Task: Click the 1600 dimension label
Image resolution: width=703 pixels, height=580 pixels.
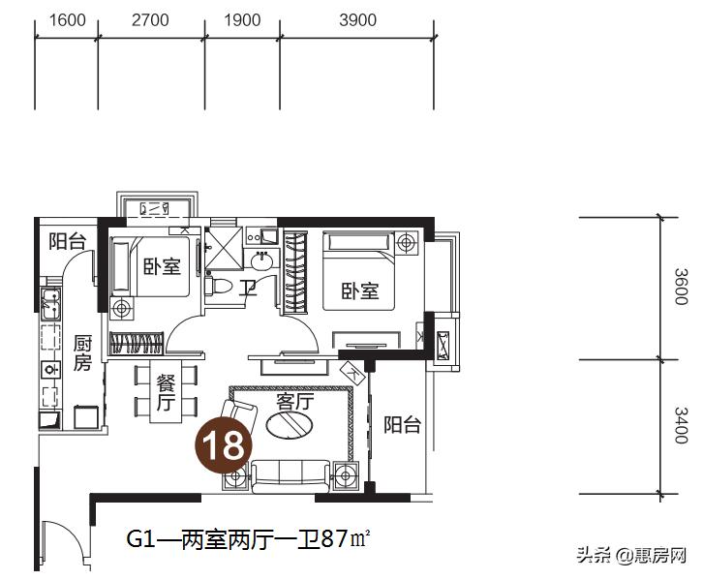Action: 66,20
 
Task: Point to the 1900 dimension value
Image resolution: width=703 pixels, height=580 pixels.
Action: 242,20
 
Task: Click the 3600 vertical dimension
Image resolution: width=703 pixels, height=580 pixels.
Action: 681,289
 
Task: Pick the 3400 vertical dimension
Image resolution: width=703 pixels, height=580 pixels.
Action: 681,426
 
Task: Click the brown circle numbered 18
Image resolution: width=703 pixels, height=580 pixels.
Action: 226,445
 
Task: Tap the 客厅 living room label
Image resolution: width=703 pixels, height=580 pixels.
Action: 295,401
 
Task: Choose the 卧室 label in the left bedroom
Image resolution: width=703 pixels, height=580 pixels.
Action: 162,266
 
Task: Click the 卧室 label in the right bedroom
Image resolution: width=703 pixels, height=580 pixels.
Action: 359,290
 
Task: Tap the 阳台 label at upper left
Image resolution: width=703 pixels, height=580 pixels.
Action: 68,242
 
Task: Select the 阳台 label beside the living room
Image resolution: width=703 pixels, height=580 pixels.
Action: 401,424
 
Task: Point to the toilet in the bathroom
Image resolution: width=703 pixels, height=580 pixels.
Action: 219,287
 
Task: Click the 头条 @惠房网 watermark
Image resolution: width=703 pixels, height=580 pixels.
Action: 631,556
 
